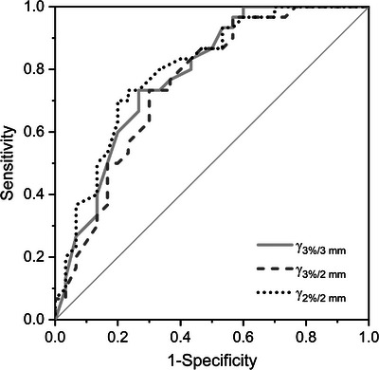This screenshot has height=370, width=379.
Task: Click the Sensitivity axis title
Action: [x=9, y=163]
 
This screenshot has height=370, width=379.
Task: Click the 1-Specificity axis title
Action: [x=211, y=360]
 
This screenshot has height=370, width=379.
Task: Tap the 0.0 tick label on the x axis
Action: [x=55, y=337]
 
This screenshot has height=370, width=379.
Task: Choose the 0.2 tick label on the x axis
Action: [x=117, y=337]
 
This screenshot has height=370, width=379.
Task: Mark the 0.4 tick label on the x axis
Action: [x=180, y=337]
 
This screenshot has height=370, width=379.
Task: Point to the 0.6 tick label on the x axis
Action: [x=244, y=337]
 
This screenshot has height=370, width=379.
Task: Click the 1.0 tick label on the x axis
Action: [x=368, y=337]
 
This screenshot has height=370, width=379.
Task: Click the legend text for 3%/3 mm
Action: [x=323, y=246]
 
